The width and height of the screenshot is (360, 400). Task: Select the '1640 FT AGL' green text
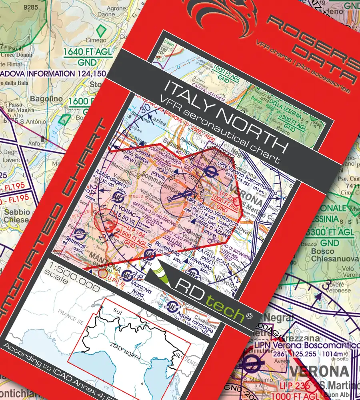tap(88, 52)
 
